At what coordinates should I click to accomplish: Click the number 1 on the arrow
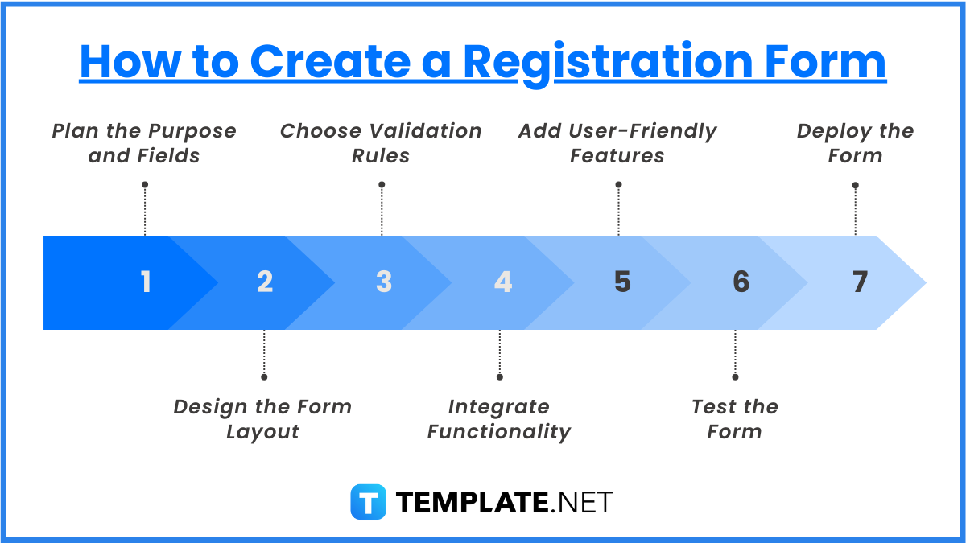[x=146, y=282]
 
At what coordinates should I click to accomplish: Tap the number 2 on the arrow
[x=265, y=282]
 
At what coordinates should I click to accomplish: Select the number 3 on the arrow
[x=384, y=282]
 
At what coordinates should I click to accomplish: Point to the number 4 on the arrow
[x=503, y=282]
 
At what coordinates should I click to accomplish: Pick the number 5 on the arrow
[x=622, y=282]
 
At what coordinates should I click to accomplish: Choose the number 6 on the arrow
[x=741, y=282]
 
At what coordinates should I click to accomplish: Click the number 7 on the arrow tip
[x=861, y=282]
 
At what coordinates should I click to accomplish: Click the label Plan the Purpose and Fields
[x=144, y=143]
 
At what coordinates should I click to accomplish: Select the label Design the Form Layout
[x=263, y=419]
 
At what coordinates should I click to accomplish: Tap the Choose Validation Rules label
[x=381, y=143]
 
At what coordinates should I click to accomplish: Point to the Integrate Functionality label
[x=499, y=419]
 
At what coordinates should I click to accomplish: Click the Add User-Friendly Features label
[x=617, y=143]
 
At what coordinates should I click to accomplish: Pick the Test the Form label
[x=735, y=419]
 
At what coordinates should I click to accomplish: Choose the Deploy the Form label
[x=855, y=143]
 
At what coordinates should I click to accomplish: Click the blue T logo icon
[x=368, y=502]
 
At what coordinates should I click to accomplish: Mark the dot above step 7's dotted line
[x=855, y=185]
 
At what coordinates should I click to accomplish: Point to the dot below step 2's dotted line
[x=263, y=376]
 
